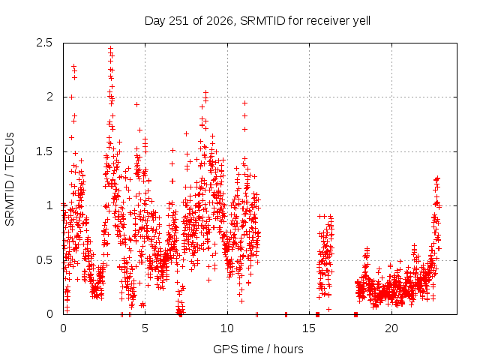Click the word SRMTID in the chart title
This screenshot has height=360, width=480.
pos(262,21)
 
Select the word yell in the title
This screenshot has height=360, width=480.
pos(361,22)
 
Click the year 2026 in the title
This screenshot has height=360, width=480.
pos(220,21)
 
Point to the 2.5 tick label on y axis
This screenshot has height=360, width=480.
pos(44,43)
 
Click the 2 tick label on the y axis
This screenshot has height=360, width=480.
pos(49,97)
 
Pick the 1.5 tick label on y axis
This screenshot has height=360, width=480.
pos(44,151)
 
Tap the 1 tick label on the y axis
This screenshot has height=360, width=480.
pos(50,205)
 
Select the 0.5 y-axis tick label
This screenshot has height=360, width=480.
pos(44,260)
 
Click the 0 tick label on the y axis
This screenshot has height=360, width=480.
pos(49,314)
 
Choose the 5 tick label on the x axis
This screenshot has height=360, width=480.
pos(145,328)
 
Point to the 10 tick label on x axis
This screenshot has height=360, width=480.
pos(227,328)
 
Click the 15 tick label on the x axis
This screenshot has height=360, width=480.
pos(309,328)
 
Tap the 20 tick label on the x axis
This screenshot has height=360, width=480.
pos(391,328)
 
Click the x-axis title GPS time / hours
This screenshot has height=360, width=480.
pos(258,349)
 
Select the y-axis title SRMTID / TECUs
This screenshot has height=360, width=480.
pos(10,179)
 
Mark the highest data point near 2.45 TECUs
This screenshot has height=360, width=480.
pos(110,48)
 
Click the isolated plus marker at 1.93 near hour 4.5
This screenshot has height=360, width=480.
pos(136,105)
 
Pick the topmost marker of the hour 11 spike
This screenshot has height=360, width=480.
pos(244,103)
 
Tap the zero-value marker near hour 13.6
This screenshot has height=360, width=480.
pos(286,314)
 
